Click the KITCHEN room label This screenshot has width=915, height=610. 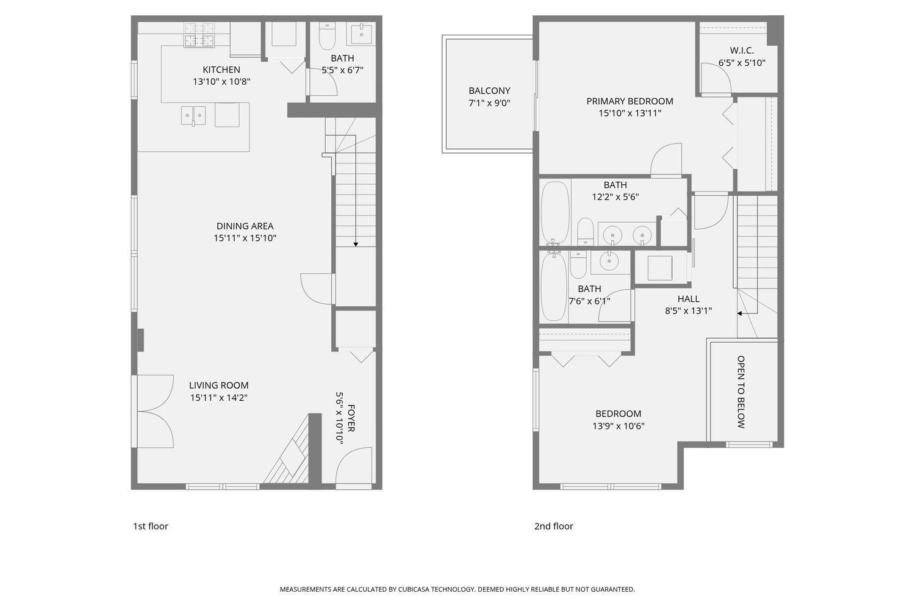click(x=221, y=70)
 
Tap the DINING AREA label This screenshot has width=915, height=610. click(x=245, y=226)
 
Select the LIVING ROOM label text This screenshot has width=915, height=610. click(x=219, y=386)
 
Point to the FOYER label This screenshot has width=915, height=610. click(x=351, y=418)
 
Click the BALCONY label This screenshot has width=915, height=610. click(x=489, y=91)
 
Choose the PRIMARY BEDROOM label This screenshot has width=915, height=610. click(x=630, y=101)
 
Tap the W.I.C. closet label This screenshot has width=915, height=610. click(x=742, y=51)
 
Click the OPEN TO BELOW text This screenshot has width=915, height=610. click(x=741, y=392)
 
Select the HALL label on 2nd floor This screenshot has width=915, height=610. click(x=688, y=299)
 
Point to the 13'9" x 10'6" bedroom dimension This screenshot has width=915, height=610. click(x=619, y=426)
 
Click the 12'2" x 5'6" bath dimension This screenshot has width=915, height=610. click(x=615, y=197)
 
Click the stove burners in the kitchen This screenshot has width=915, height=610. click(x=199, y=35)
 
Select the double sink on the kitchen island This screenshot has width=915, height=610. click(x=193, y=116)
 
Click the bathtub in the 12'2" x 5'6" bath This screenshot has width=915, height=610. click(x=555, y=212)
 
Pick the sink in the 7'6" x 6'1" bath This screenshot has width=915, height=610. click(x=609, y=261)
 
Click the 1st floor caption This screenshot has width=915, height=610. click(x=150, y=526)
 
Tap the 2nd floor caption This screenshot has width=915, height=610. click(x=553, y=526)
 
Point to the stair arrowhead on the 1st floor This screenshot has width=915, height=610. click(x=356, y=245)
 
